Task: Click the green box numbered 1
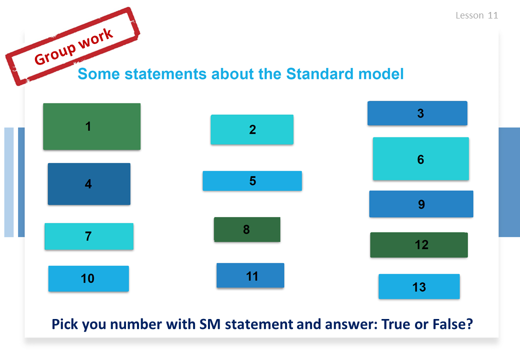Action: pyautogui.click(x=92, y=126)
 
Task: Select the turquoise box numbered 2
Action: pyautogui.click(x=252, y=129)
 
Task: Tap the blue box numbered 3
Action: pyautogui.click(x=417, y=113)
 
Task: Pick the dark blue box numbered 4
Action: pyautogui.click(x=89, y=184)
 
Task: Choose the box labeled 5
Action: pyautogui.click(x=252, y=181)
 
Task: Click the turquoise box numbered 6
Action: pyautogui.click(x=421, y=159)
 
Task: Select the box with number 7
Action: pyautogui.click(x=89, y=236)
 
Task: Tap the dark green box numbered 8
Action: pyautogui.click(x=247, y=229)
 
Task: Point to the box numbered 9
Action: pyautogui.click(x=421, y=204)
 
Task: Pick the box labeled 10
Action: pyautogui.click(x=88, y=278)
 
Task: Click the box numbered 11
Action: pyautogui.click(x=250, y=275)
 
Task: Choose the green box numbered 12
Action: pyautogui.click(x=419, y=245)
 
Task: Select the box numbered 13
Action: pyautogui.click(x=419, y=286)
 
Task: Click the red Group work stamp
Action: pyautogui.click(x=72, y=46)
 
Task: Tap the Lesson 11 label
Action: pyautogui.click(x=477, y=15)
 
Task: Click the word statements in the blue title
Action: pyautogui.click(x=165, y=74)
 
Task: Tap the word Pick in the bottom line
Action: pyautogui.click(x=64, y=324)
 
